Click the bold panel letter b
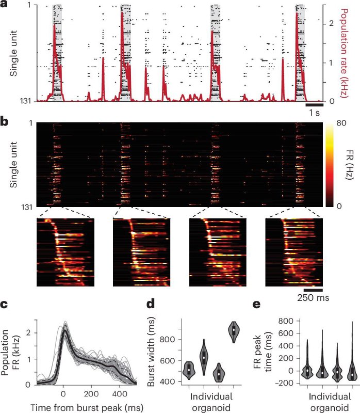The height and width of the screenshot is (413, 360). [x=4, y=122]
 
